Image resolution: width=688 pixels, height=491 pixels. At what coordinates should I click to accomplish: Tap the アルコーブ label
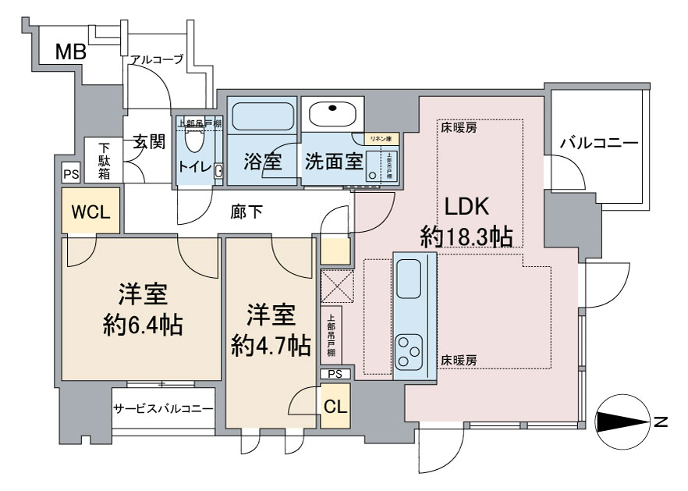tap(157, 59)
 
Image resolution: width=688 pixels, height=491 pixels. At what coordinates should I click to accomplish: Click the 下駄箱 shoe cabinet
tap(104, 160)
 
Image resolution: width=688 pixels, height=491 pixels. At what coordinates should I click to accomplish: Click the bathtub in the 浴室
tap(262, 116)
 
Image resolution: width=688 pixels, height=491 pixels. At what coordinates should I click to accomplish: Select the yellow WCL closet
tap(91, 212)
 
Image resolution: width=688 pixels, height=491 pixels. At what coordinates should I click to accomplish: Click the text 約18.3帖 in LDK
tap(466, 235)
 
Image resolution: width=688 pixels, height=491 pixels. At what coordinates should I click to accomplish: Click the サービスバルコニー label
tap(164, 409)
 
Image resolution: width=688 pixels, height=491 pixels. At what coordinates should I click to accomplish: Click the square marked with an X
tap(336, 284)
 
